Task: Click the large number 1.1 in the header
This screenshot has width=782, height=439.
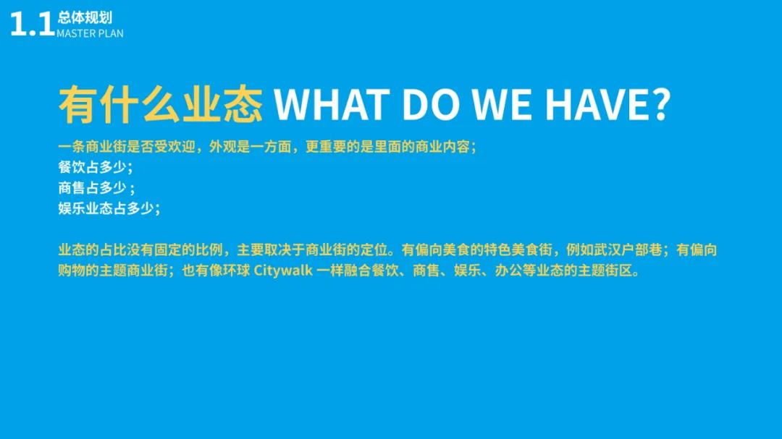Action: tap(33, 24)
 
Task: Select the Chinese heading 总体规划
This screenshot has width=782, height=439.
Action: tap(85, 18)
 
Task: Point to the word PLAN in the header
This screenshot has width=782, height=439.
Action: tap(112, 33)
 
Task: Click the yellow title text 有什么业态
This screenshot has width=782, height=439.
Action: tap(161, 104)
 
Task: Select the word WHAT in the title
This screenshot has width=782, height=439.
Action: tap(332, 104)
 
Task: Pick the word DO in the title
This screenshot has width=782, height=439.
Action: tap(430, 104)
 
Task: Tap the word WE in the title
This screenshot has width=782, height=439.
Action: tap(502, 104)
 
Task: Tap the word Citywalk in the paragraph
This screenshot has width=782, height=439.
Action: tap(283, 270)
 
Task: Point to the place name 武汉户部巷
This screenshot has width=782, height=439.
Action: tap(628, 250)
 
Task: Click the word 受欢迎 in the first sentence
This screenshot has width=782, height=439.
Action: tap(175, 147)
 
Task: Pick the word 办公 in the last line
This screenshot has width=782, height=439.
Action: tap(509, 270)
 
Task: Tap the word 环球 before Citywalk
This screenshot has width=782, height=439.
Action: tap(236, 270)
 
